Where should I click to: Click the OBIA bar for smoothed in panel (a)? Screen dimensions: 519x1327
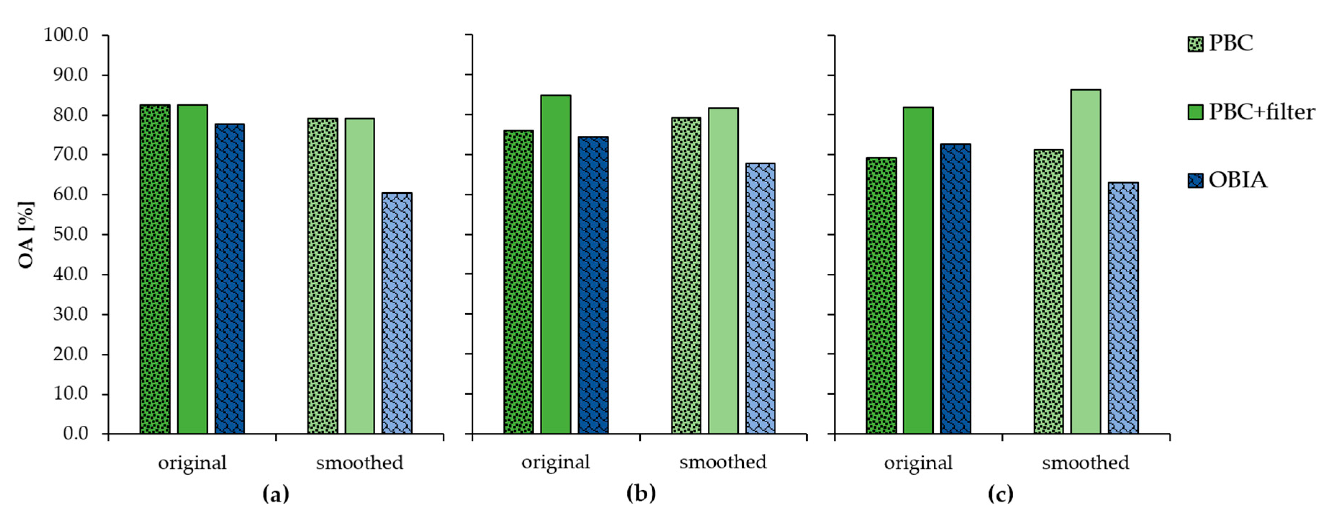point(397,313)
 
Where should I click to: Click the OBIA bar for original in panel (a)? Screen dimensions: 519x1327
point(230,278)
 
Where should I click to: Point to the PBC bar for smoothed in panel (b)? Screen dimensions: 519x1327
point(686,275)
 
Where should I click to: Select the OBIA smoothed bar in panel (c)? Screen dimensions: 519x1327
point(1123,308)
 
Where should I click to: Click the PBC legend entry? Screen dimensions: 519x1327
point(1230,43)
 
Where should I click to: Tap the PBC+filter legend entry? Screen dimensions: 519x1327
point(1261,112)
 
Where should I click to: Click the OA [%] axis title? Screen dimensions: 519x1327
point(26,234)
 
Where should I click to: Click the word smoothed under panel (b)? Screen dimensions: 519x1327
point(723,462)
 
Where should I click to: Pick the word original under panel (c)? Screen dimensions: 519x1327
point(918,463)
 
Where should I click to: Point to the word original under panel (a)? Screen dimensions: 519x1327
point(192,463)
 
